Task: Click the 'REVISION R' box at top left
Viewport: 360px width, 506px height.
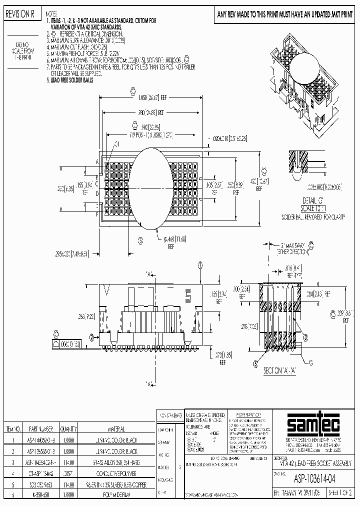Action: (19, 15)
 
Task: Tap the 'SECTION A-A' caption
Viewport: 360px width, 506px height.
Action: (282, 371)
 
